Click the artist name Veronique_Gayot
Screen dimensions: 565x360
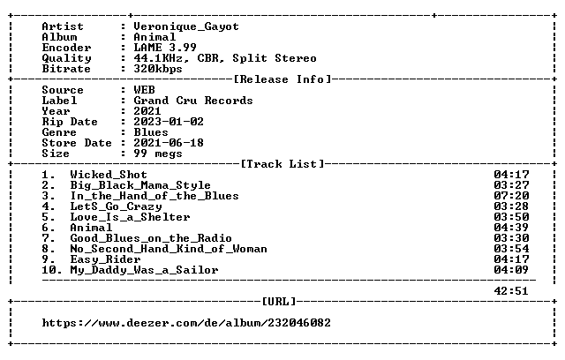pyautogui.click(x=186, y=26)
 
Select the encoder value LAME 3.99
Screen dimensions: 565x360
pyautogui.click(x=165, y=48)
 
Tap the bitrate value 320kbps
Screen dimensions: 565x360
pyautogui.click(x=158, y=69)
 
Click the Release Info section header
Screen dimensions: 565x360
pyautogui.click(x=282, y=79)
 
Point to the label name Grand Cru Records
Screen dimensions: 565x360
pyautogui.click(x=193, y=101)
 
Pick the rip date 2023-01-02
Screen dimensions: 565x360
pyautogui.click(x=169, y=122)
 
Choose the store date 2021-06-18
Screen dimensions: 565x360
pyautogui.click(x=169, y=143)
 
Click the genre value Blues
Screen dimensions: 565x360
pyautogui.click(x=151, y=132)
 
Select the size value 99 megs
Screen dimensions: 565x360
pyautogui.click(x=158, y=154)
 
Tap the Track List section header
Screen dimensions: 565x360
pyautogui.click(x=282, y=164)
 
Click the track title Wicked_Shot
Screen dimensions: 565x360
pyautogui.click(x=109, y=175)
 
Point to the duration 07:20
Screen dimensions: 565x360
pyautogui.click(x=511, y=196)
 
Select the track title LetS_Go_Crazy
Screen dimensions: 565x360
pyautogui.click(x=116, y=206)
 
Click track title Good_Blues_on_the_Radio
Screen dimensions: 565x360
pyautogui.click(x=151, y=238)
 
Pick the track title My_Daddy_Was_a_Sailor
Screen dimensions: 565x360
pyautogui.click(x=144, y=270)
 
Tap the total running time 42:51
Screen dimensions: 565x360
pyautogui.click(x=511, y=291)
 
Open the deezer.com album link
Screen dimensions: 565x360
pyautogui.click(x=186, y=323)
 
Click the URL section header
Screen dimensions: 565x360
pyautogui.click(x=279, y=301)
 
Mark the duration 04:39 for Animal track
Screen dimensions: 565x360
pyautogui.click(x=511, y=228)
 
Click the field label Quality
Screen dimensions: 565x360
pyautogui.click(x=66, y=58)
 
